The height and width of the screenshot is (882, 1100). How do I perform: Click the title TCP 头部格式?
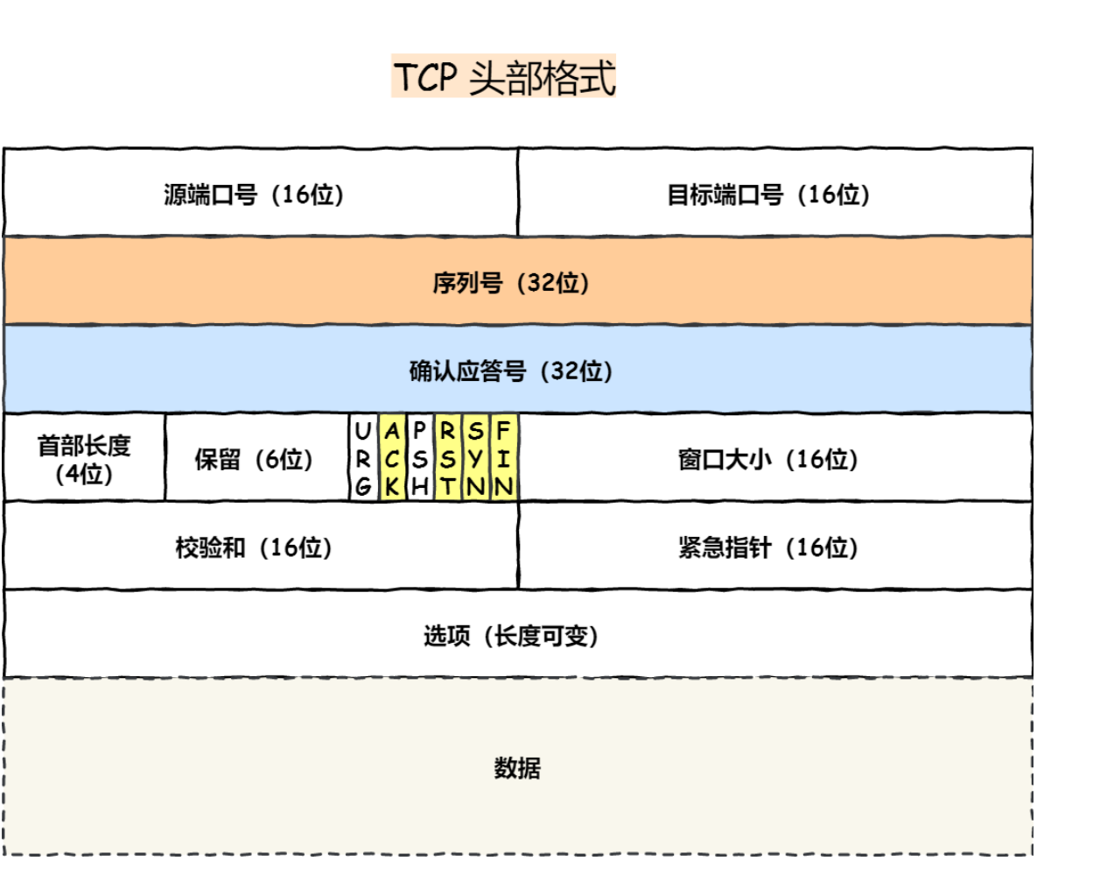pos(504,77)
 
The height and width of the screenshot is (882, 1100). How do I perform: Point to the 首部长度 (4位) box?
pos(84,458)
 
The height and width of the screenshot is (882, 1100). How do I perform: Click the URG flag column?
pos(363,458)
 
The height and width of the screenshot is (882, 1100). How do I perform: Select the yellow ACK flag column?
pos(392,458)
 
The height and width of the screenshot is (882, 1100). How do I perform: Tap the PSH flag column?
pos(420,458)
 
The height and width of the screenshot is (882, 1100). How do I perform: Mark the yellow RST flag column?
pos(447,458)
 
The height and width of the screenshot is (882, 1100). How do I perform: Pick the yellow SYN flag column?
pos(475,458)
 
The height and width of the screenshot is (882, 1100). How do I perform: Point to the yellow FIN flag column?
pos(503,458)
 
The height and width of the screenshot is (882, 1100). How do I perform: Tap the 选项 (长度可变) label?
pos(511,635)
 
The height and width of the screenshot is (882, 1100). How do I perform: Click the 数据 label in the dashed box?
pos(517,767)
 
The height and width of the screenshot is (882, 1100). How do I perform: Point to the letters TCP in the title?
pos(425,77)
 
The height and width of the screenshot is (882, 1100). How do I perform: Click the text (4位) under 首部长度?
pos(84,474)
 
